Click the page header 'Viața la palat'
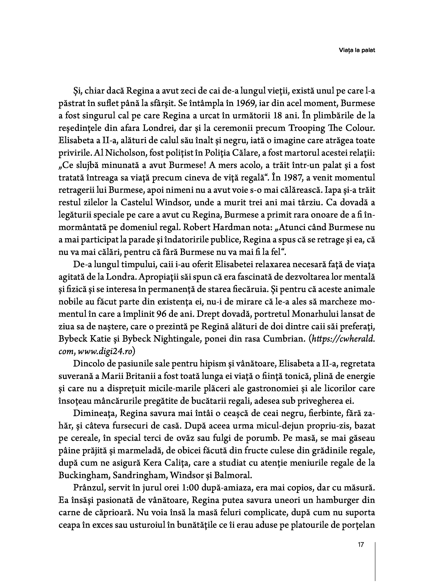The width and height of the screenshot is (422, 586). [x=357, y=50]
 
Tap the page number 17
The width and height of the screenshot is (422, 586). [x=361, y=545]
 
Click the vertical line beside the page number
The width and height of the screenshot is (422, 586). [x=375, y=563]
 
